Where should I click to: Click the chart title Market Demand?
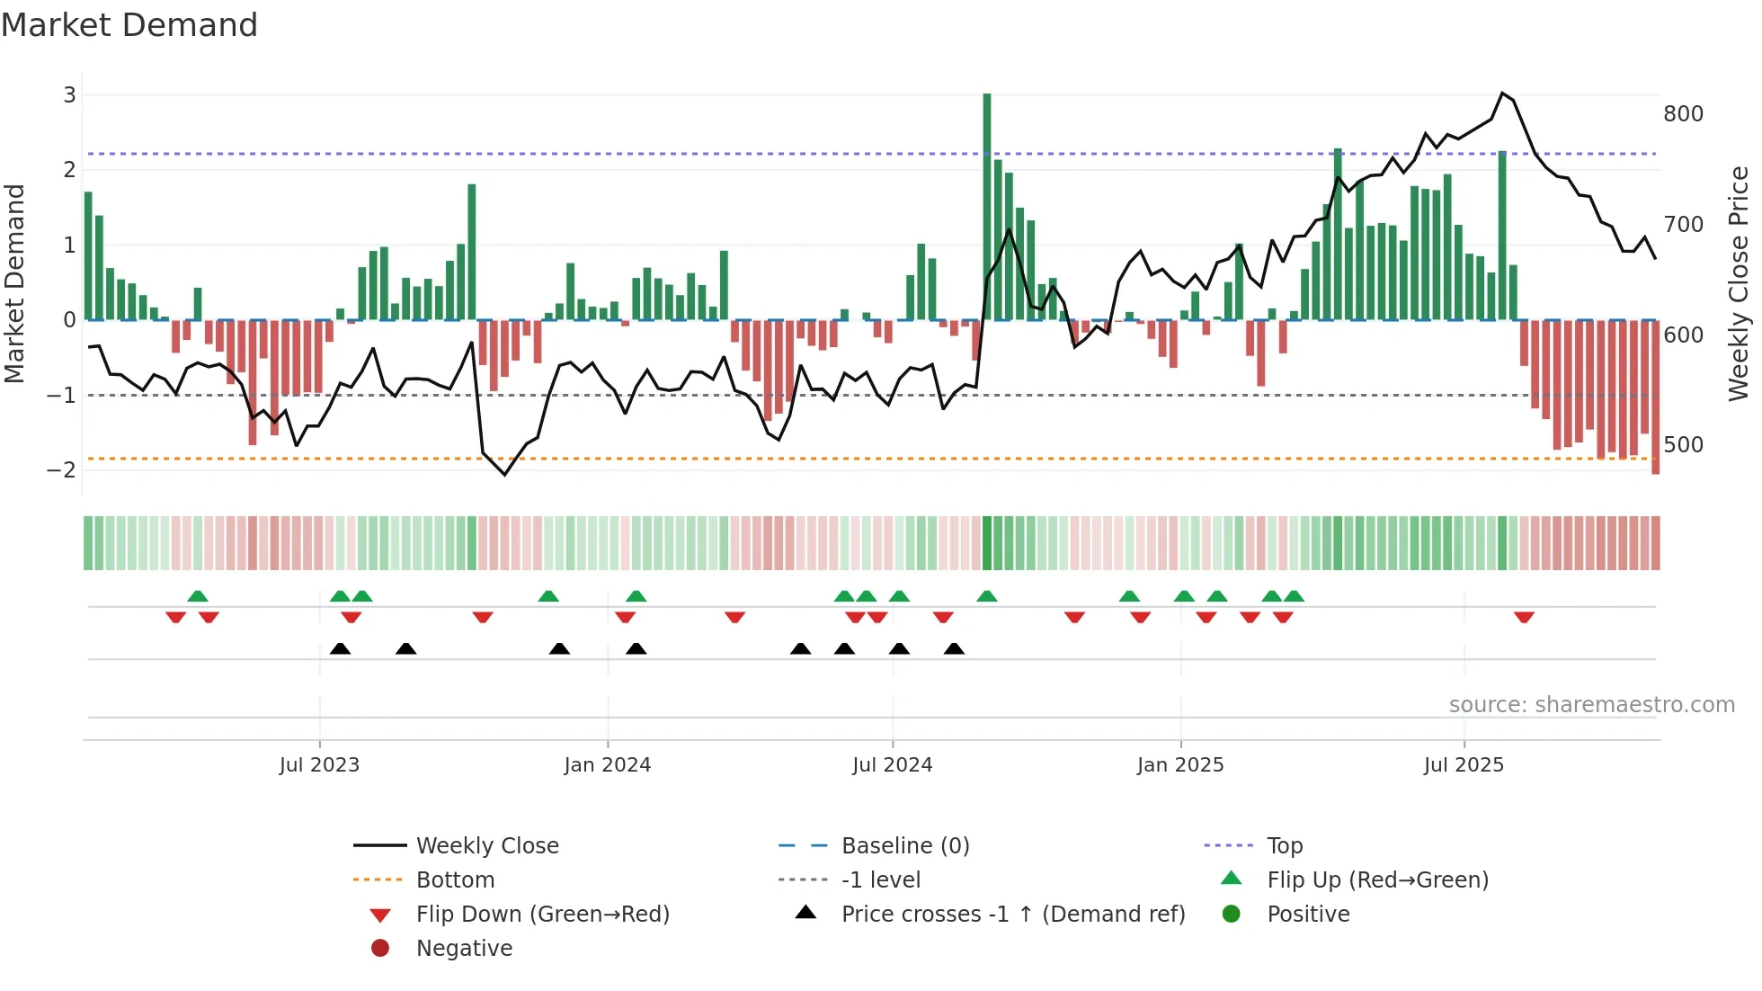coord(129,24)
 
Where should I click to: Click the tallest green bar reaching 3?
coord(987,207)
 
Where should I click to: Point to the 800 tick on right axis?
coord(1683,114)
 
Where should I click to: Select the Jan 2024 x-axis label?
coord(607,765)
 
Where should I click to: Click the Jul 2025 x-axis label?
coord(1463,765)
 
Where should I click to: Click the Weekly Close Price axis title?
coord(1739,283)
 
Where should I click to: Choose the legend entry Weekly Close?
coord(486,845)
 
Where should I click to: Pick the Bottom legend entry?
coord(455,879)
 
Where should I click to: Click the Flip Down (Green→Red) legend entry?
coord(542,914)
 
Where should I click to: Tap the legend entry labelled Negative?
coord(464,948)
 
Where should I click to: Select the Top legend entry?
coord(1285,845)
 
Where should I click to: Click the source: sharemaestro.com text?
coord(1591,705)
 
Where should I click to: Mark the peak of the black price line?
coord(1502,93)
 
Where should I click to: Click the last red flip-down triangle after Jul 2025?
coord(1524,617)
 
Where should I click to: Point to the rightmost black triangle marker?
coord(954,648)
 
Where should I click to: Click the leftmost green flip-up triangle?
coord(198,595)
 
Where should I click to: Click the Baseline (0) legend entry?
coord(904,845)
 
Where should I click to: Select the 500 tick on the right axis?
coord(1683,445)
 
